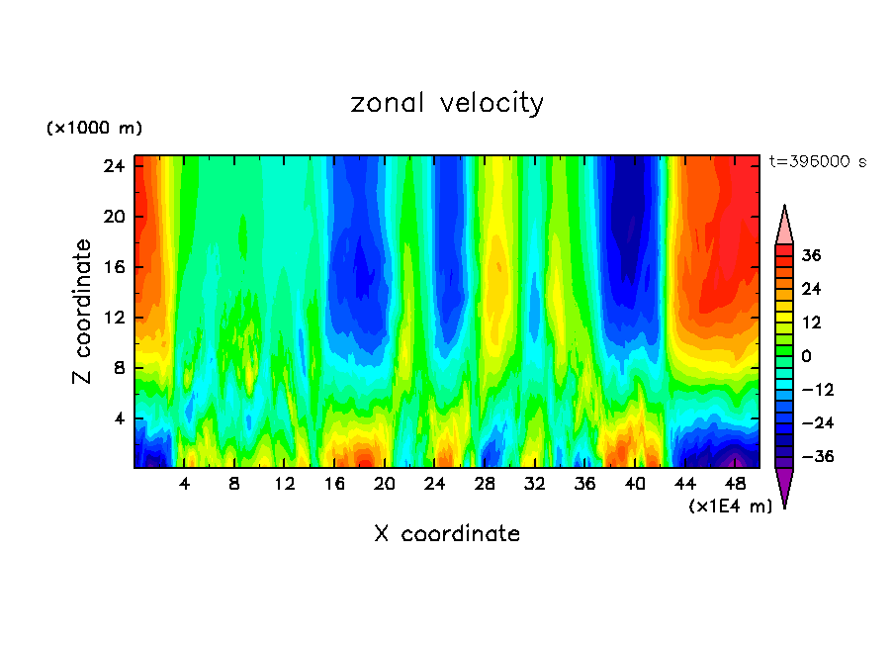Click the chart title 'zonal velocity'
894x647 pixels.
(x=447, y=103)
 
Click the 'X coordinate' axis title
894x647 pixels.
(x=447, y=534)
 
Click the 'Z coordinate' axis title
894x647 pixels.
(x=83, y=312)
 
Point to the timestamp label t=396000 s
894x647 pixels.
(x=818, y=162)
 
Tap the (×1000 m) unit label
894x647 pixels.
(x=94, y=129)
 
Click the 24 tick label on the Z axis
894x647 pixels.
(x=114, y=166)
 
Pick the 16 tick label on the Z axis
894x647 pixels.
(x=114, y=267)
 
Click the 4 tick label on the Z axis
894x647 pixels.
(x=119, y=418)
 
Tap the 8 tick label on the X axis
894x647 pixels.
(x=234, y=484)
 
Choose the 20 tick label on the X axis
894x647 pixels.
(x=385, y=484)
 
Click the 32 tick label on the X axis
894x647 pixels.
(x=535, y=484)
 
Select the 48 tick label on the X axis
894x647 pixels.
(x=736, y=484)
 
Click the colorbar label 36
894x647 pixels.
(x=812, y=255)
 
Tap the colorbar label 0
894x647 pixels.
(x=807, y=356)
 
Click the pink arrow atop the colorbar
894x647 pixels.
(x=784, y=225)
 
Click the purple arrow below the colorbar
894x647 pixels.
(x=784, y=487)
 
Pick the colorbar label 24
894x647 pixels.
(x=812, y=289)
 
